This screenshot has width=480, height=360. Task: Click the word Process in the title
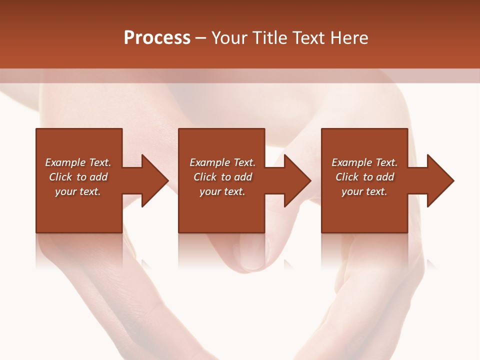(x=157, y=38)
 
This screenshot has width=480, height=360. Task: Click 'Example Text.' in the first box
(x=78, y=162)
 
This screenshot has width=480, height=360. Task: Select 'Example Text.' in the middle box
(x=222, y=162)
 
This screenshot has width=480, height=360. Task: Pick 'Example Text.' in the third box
(x=364, y=162)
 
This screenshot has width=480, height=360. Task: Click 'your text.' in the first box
(x=78, y=191)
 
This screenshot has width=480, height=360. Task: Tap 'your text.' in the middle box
(x=222, y=191)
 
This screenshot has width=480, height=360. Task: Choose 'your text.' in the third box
(x=364, y=191)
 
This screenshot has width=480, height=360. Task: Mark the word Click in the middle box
(x=205, y=177)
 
